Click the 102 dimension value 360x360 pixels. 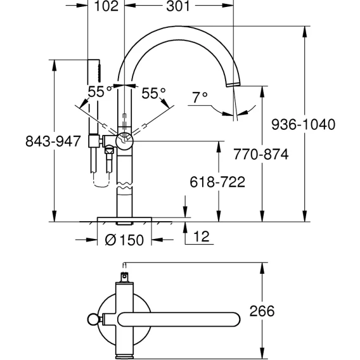(x=106, y=6)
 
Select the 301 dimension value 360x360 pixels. (x=178, y=6)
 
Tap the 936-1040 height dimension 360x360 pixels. (x=304, y=124)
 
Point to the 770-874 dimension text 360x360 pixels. (x=261, y=154)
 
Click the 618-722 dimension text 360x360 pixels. (x=217, y=182)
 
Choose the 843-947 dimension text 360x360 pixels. (x=53, y=141)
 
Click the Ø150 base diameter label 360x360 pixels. (x=124, y=240)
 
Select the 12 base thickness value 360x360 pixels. (x=202, y=236)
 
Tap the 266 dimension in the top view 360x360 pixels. (x=262, y=311)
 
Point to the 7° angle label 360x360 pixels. (x=200, y=98)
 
